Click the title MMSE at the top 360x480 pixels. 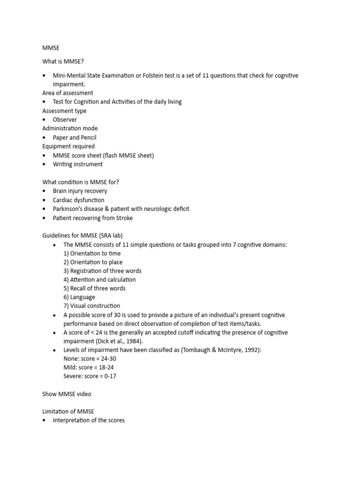51,48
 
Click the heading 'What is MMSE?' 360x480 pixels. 63,61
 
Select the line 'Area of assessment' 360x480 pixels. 67,93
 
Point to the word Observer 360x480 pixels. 65,120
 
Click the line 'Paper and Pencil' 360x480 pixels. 75,137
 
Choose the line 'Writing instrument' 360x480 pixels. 78,164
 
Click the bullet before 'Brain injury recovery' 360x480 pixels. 44,191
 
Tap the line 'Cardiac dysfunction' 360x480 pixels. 79,200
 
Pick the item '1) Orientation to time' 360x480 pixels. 92,253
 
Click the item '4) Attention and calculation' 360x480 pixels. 99,280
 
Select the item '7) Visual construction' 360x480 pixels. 92,306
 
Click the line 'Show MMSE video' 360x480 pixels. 67,394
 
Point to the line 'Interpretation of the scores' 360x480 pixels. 89,420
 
